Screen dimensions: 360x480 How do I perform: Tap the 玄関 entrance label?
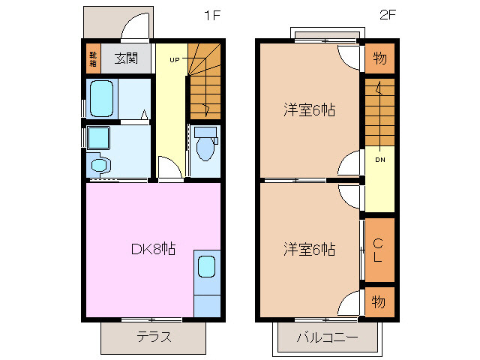126,57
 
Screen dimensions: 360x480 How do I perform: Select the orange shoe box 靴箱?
93,57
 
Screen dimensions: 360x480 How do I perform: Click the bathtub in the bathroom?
103,98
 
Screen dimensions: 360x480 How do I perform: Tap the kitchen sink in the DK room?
206,268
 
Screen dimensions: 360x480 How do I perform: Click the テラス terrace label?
153,336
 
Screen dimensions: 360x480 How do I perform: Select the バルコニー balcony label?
326,337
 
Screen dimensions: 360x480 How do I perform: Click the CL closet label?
379,250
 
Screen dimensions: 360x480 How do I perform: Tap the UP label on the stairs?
174,59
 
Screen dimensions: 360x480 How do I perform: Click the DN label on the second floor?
380,159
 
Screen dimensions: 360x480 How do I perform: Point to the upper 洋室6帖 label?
308,110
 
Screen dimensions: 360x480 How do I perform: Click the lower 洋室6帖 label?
308,249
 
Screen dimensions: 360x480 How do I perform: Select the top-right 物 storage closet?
379,58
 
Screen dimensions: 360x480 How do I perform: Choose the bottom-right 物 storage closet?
379,301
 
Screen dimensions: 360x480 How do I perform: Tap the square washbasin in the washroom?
98,139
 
